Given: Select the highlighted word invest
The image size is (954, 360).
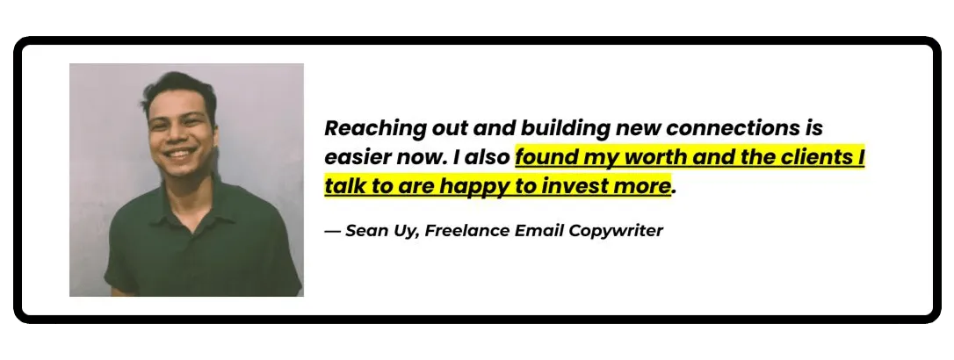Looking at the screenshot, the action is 575,186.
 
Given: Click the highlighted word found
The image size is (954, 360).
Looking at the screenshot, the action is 545,157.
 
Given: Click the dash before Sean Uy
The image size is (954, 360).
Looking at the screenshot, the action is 332,232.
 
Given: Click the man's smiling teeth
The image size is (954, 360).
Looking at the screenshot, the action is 181,154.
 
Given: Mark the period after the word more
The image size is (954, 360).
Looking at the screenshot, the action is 674,193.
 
